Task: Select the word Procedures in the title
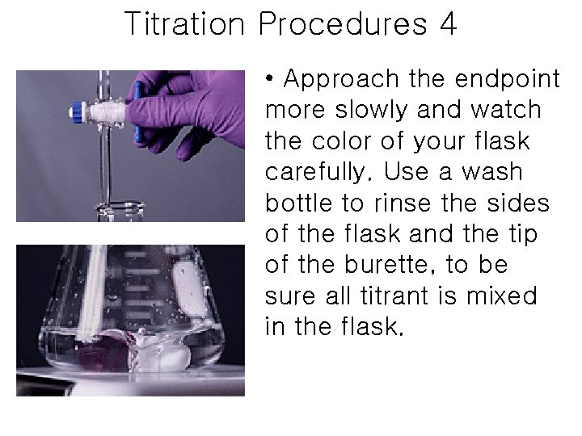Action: pos(344,24)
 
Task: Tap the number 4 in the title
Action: pos(449,24)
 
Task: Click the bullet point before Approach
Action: pos(270,79)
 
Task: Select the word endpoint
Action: pos(508,79)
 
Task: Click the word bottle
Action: pos(303,203)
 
